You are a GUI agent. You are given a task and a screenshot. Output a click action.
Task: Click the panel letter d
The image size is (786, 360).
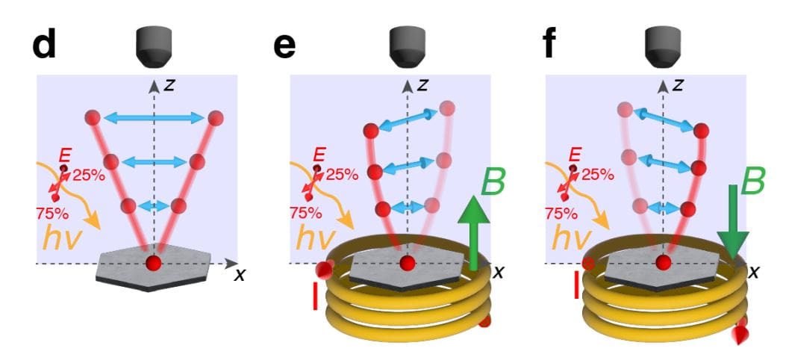point(45,46)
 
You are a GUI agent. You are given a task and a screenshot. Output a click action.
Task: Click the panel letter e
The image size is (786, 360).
point(284,46)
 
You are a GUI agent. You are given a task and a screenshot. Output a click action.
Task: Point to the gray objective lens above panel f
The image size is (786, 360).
point(662,46)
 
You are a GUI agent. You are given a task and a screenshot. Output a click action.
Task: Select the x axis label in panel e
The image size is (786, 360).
point(497,273)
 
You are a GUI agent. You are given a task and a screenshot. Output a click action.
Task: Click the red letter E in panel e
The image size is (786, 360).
point(319,155)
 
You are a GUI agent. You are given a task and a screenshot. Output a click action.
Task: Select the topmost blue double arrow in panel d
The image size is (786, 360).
point(155,117)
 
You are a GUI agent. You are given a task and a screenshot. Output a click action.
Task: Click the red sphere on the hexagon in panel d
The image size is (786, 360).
point(153,263)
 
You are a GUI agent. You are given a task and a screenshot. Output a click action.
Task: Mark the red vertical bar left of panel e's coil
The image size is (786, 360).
point(316,297)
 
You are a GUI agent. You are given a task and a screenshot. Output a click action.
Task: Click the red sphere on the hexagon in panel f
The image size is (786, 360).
point(662,262)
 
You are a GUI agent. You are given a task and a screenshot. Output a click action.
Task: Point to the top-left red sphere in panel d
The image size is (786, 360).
point(93,118)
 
